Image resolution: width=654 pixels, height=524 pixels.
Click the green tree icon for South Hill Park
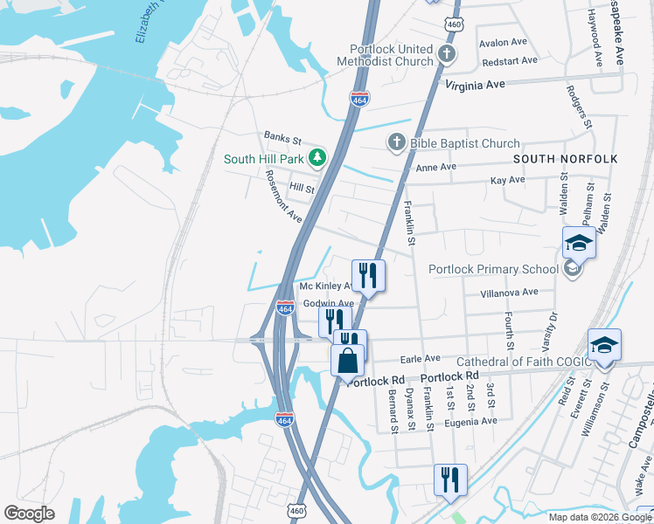tap(319, 158)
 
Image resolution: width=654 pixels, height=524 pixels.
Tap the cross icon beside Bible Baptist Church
tap(396, 142)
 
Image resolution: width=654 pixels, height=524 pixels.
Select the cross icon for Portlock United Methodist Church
tap(446, 55)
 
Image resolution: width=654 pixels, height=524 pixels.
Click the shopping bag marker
tap(347, 359)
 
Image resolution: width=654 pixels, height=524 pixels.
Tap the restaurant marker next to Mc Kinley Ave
tap(368, 276)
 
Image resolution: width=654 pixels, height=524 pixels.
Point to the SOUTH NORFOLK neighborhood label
tap(565, 158)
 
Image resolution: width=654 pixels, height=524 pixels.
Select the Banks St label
tap(282, 139)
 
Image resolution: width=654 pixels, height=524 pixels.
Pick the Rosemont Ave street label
tap(283, 196)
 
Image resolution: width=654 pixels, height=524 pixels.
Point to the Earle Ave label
tap(420, 358)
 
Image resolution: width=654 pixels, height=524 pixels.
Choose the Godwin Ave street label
tap(328, 303)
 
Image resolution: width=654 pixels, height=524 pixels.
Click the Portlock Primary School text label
tap(493, 269)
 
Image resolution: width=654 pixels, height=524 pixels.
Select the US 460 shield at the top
tap(453, 24)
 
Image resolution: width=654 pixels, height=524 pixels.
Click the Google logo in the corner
tap(29, 514)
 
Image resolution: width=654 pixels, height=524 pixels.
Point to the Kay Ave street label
tap(507, 180)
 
